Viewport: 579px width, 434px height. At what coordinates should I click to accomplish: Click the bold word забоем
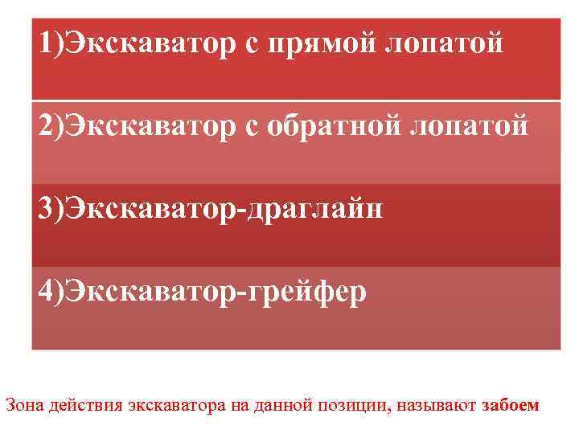511,405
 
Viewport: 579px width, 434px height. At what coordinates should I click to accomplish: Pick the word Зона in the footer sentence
23,405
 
